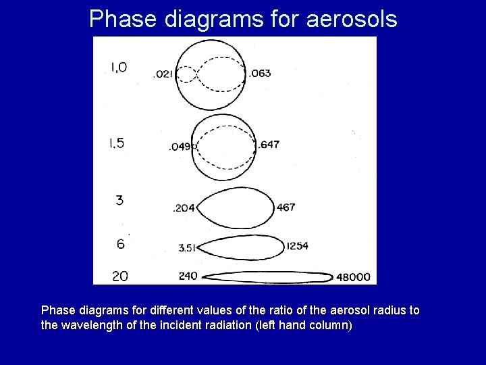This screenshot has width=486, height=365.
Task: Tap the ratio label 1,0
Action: click(x=118, y=67)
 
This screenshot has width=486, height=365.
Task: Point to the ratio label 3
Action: click(x=119, y=200)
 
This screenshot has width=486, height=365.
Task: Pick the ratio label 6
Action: click(x=120, y=244)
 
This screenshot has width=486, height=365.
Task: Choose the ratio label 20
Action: click(x=119, y=276)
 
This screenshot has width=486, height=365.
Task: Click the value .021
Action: click(x=163, y=74)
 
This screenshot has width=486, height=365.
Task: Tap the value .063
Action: click(x=260, y=73)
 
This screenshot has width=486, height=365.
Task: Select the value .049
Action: click(x=180, y=147)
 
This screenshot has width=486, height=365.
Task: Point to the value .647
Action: click(x=269, y=145)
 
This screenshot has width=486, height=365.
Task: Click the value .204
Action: click(x=184, y=208)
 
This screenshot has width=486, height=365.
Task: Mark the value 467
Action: click(x=286, y=208)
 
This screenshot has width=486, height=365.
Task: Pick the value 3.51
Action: click(x=187, y=248)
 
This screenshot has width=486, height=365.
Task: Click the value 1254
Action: click(x=297, y=246)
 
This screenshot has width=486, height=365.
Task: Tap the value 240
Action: click(x=188, y=276)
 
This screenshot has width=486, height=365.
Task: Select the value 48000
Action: click(x=354, y=276)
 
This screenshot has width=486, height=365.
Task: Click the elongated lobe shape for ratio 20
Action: click(x=267, y=277)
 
